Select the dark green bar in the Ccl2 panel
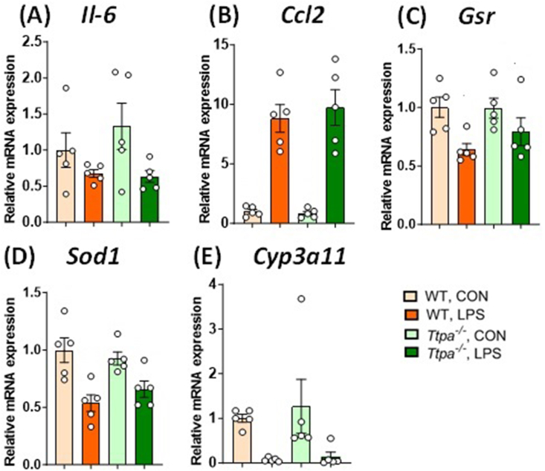click(336, 166)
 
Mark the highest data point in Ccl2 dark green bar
click(335, 59)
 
